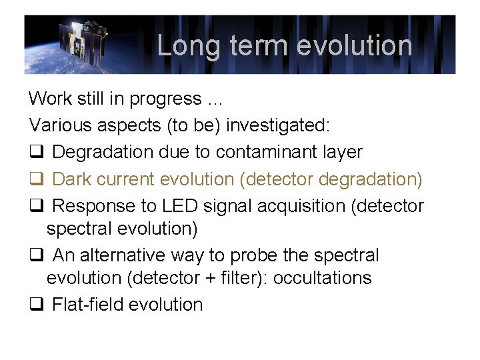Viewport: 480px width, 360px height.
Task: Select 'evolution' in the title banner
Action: click(354, 46)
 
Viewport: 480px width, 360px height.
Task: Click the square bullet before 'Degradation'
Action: click(35, 153)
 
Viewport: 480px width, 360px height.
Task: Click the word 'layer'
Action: click(341, 152)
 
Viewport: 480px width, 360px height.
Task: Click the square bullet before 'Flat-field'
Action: click(35, 305)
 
